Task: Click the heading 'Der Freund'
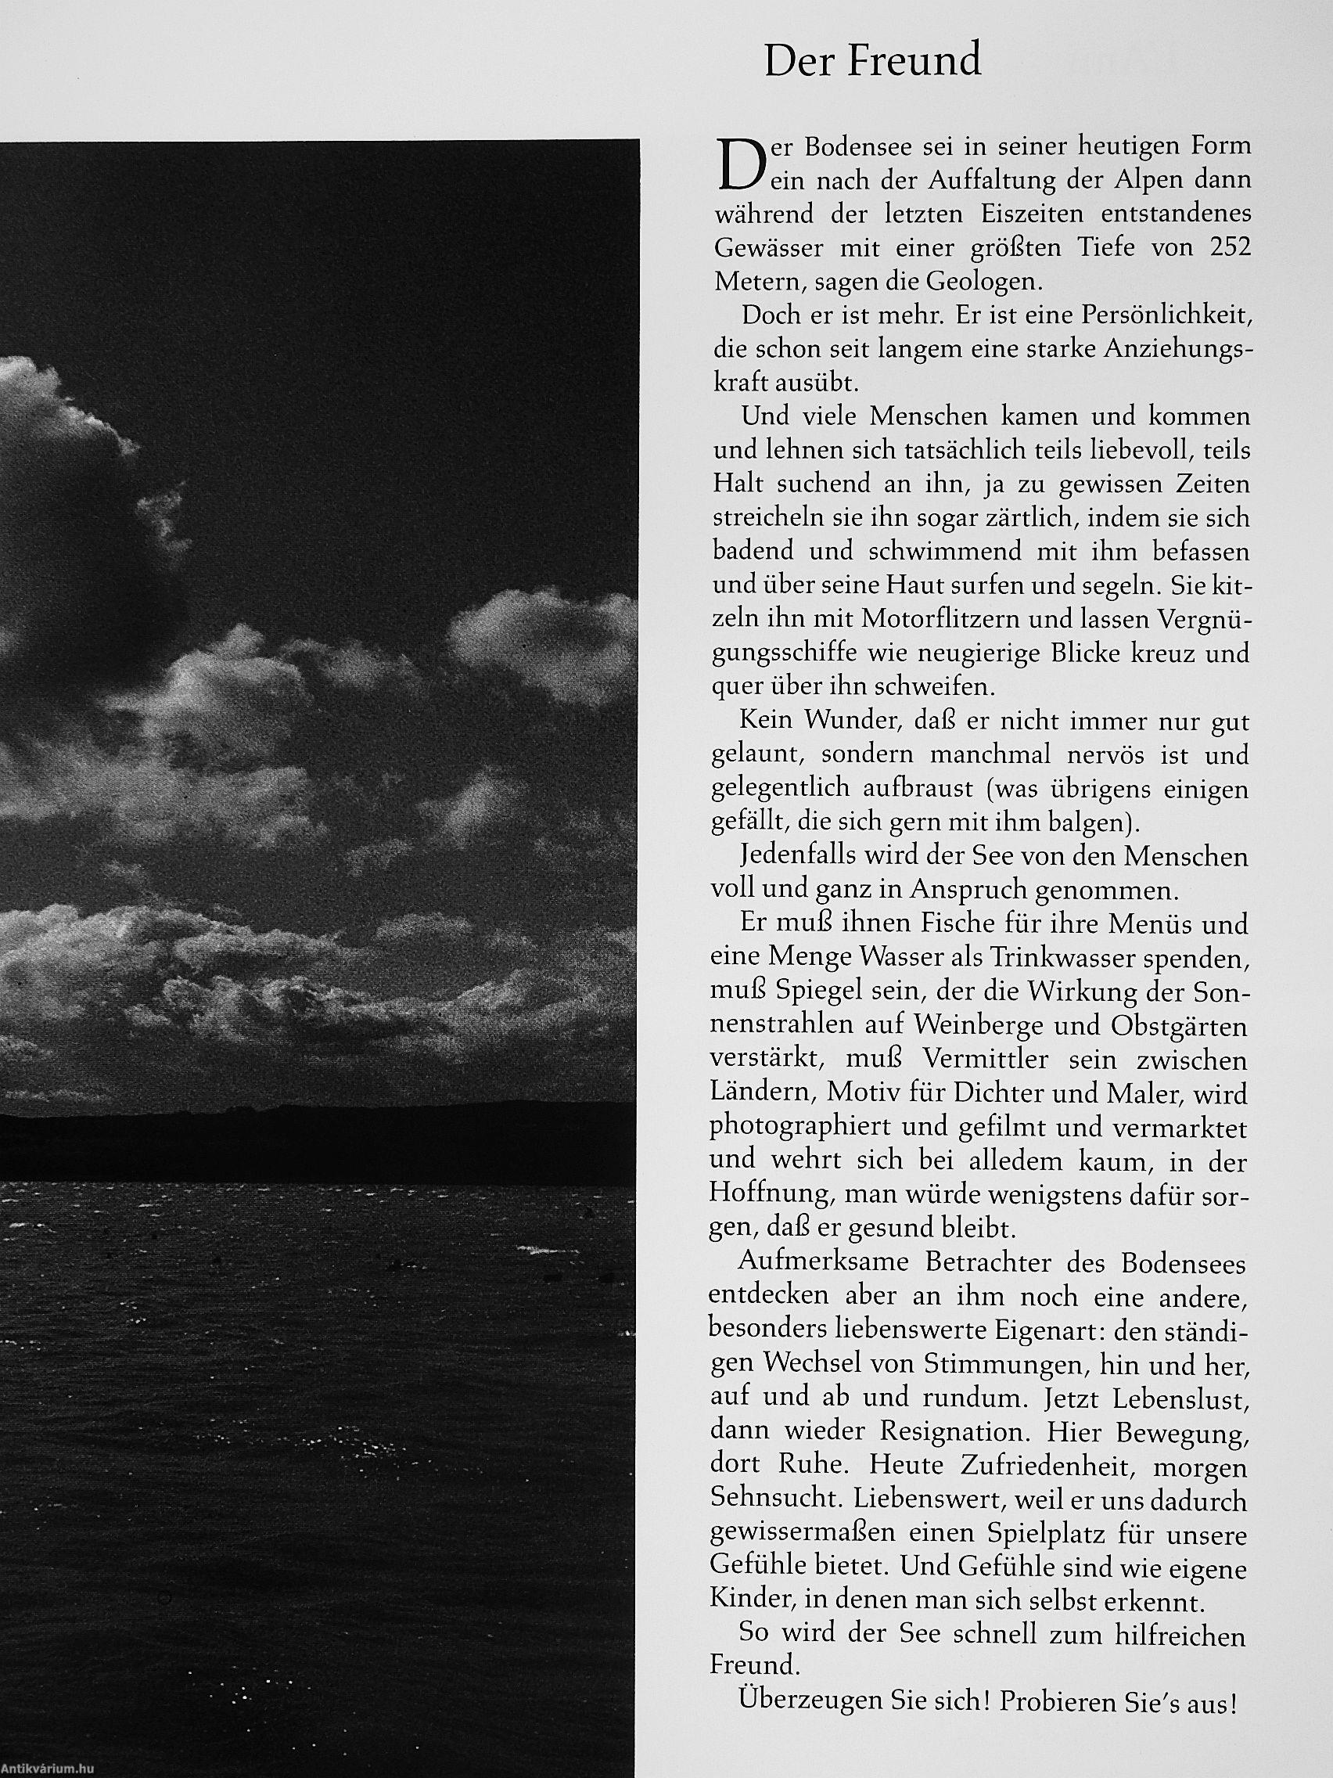pos(872,62)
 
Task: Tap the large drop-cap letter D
pos(738,164)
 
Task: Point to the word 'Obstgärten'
pos(1180,1027)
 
